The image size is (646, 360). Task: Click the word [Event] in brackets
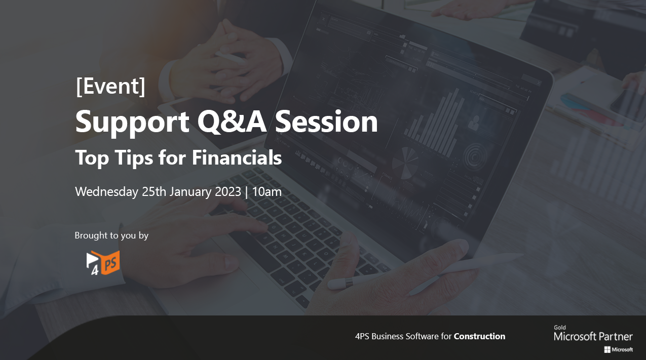pyautogui.click(x=110, y=86)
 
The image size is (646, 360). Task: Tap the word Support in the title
pyautogui.click(x=132, y=123)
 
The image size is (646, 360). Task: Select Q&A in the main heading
pyautogui.click(x=232, y=122)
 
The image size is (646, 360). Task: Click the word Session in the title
pyautogui.click(x=326, y=122)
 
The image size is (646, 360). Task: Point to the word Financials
pyautogui.click(x=237, y=157)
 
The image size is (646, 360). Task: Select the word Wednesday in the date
pyautogui.click(x=106, y=192)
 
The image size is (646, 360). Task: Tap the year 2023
pyautogui.click(x=228, y=192)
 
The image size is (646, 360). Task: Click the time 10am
pyautogui.click(x=267, y=192)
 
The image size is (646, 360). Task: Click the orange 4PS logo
pyautogui.click(x=103, y=263)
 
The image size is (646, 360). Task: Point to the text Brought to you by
pyautogui.click(x=111, y=235)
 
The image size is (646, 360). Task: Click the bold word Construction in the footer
pyautogui.click(x=479, y=336)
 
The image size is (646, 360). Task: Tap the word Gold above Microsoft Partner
pyautogui.click(x=560, y=328)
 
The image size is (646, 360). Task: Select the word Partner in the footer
pyautogui.click(x=616, y=337)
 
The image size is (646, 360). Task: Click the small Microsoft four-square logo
pyautogui.click(x=607, y=350)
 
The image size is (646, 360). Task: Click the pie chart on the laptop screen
pyautogui.click(x=405, y=163)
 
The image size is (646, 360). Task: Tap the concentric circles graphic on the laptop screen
pyautogui.click(x=475, y=156)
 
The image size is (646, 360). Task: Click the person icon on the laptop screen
pyautogui.click(x=474, y=123)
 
